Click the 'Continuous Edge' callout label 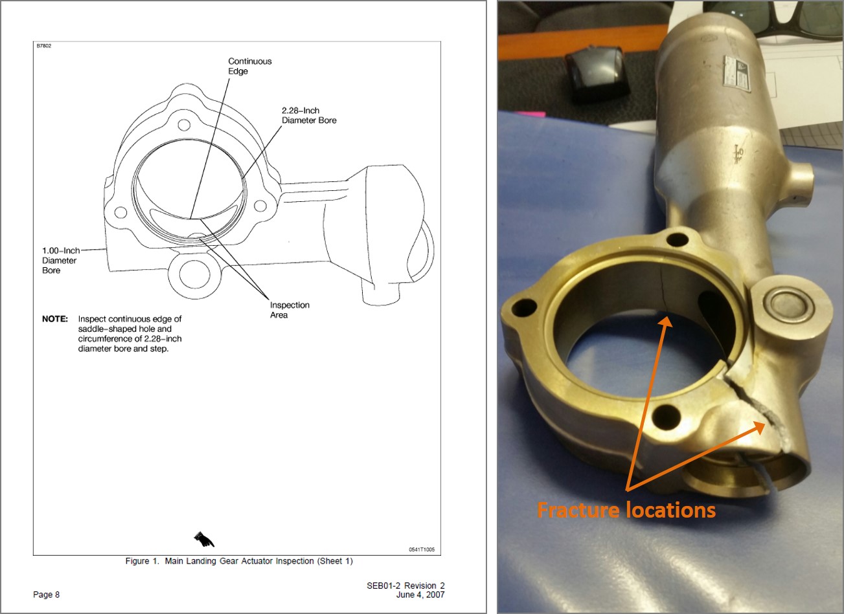tap(250, 66)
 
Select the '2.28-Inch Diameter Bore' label tap(309, 116)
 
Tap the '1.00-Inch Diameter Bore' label tap(61, 261)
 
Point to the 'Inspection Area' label tap(290, 310)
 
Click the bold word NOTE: tap(55, 319)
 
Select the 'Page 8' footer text tap(47, 595)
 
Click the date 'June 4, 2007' tap(420, 595)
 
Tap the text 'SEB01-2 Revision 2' tap(405, 586)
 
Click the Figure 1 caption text tap(239, 561)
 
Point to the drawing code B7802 tap(43, 46)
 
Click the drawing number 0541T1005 tap(422, 550)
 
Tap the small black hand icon tap(204, 539)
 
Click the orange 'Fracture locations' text tap(626, 510)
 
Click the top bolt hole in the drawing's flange tap(184, 125)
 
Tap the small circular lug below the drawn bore tap(194, 273)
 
